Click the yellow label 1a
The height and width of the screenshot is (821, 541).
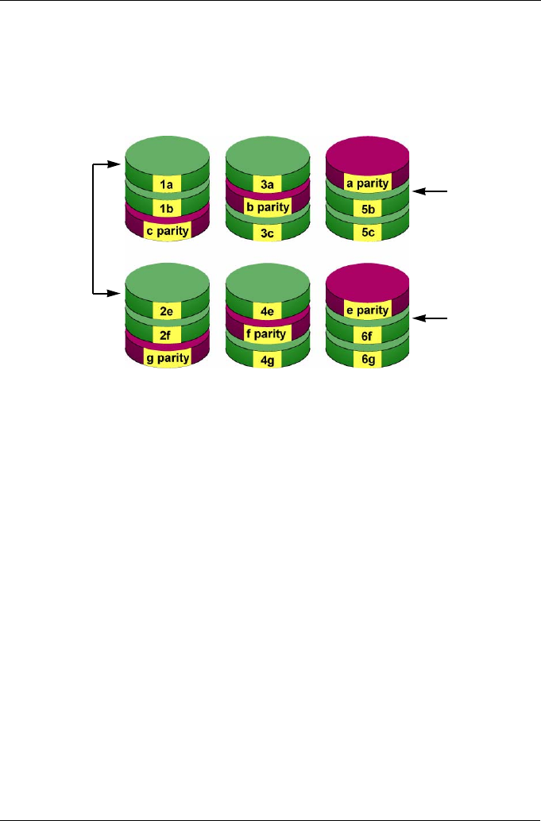click(x=168, y=185)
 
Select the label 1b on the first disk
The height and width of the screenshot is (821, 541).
click(x=168, y=208)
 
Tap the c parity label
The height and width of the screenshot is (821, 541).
click(x=168, y=231)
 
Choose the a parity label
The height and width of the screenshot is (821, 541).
click(x=366, y=183)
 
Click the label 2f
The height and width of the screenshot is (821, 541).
click(x=168, y=335)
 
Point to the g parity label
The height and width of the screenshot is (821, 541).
click(x=168, y=358)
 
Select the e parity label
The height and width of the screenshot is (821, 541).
click(x=366, y=310)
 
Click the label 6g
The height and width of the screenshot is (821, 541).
click(x=366, y=359)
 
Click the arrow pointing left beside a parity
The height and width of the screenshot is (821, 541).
click(x=434, y=191)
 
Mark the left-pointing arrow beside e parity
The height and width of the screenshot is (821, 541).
click(x=434, y=318)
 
